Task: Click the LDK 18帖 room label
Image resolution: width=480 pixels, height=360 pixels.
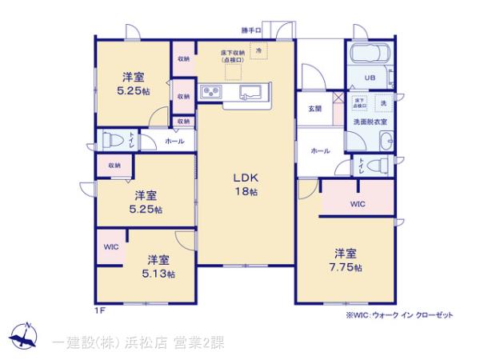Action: tap(245, 184)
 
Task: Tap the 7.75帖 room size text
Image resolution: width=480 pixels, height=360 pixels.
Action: tap(348, 267)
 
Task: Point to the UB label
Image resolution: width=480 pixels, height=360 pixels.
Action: tap(370, 78)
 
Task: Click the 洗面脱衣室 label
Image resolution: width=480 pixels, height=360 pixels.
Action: tap(370, 121)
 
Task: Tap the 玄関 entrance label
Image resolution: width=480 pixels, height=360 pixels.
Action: tap(314, 108)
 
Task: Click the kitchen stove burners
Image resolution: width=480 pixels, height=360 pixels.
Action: tap(214, 92)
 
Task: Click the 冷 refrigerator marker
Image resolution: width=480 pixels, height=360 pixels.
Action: tap(259, 50)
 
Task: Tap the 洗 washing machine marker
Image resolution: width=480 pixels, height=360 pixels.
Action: tap(383, 104)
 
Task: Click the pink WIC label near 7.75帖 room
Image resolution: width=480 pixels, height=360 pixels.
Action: tap(358, 203)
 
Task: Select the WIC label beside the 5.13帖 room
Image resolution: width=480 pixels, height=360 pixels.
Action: tap(110, 246)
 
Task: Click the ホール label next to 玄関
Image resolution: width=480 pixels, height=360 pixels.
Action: tap(318, 150)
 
